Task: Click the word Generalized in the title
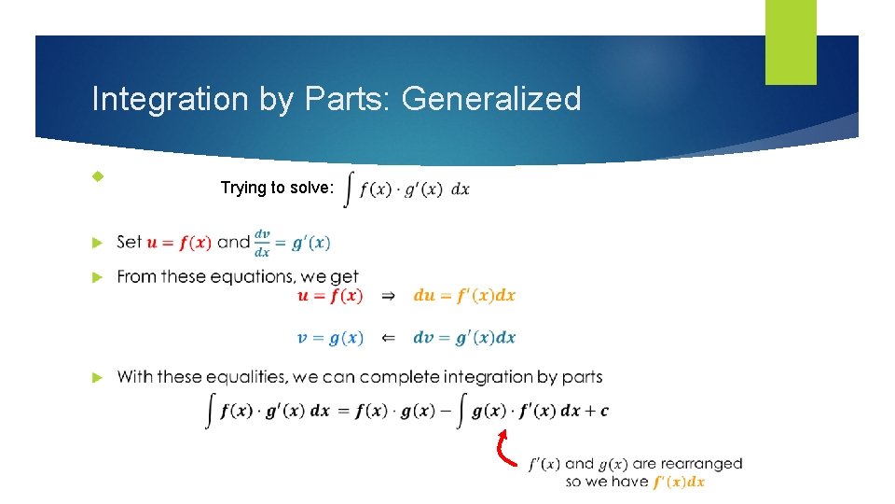491,99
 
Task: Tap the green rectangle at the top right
791,42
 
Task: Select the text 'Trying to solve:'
277,188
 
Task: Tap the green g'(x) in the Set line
310,243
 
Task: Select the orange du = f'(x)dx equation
464,296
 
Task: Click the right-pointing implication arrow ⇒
389,296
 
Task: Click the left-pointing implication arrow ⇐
389,338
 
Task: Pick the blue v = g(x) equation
330,338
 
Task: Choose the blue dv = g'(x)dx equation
464,338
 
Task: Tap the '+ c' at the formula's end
599,411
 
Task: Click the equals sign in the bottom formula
342,411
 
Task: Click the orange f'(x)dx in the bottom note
679,482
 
